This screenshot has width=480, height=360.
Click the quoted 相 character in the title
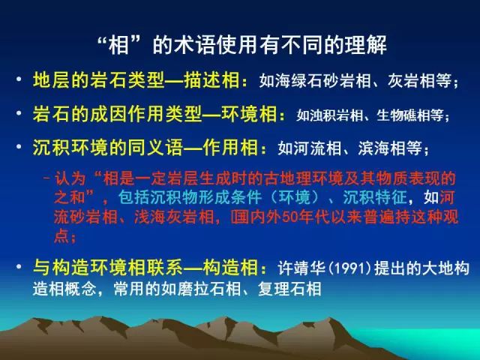(x=118, y=45)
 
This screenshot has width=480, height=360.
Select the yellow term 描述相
(x=211, y=80)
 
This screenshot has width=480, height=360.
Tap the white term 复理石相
(x=289, y=289)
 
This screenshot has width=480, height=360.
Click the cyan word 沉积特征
(x=375, y=197)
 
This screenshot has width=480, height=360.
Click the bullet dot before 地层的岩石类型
(x=19, y=79)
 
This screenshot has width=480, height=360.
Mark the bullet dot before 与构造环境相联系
(x=19, y=266)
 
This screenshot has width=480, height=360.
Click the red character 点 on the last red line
(x=61, y=235)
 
